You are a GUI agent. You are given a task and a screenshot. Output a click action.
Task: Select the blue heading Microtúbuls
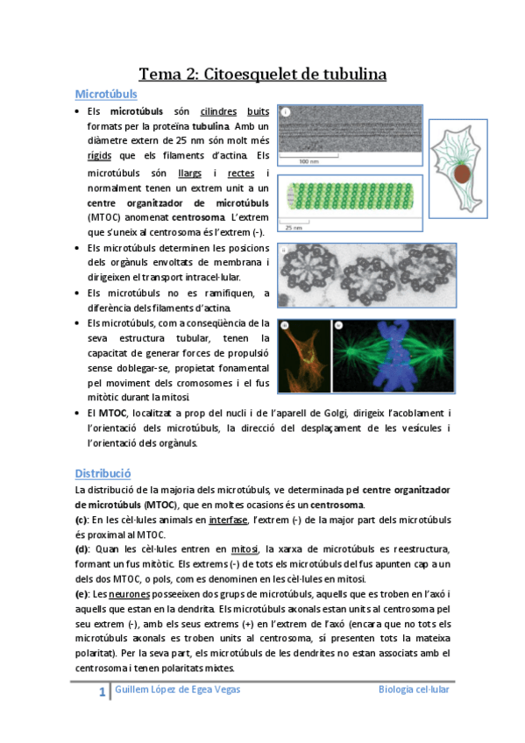point(105,94)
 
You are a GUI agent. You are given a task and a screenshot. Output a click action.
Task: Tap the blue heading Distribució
point(103,473)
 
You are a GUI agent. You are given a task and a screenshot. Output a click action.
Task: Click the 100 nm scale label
point(309,162)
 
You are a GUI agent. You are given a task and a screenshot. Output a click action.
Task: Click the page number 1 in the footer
point(102,693)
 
